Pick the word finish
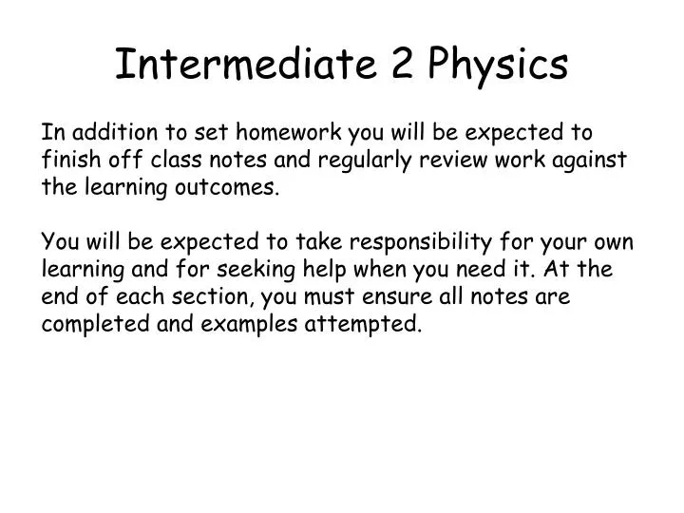click(x=70, y=160)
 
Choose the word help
click(x=318, y=270)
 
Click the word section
click(x=213, y=296)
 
